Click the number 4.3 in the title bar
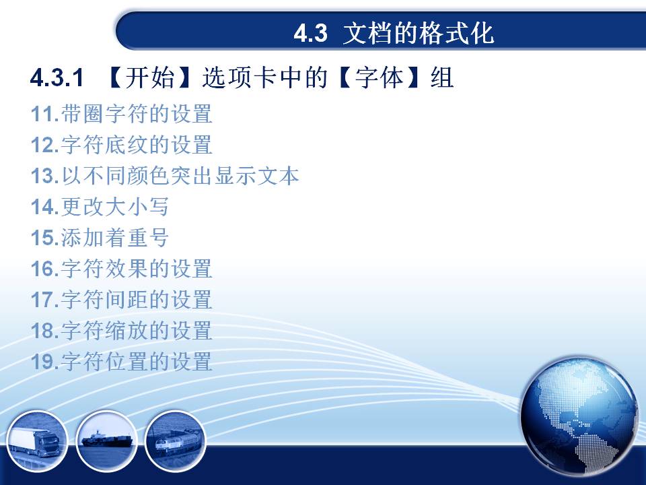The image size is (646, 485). (x=311, y=33)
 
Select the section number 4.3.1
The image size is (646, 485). (x=57, y=77)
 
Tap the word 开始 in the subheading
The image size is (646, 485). (x=150, y=77)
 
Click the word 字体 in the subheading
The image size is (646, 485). (x=379, y=77)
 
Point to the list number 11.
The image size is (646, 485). (x=44, y=114)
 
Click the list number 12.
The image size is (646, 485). (x=44, y=145)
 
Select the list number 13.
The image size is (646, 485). (x=44, y=176)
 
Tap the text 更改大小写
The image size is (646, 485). (x=115, y=207)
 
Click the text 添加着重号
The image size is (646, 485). (x=115, y=238)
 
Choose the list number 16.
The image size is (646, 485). (x=44, y=269)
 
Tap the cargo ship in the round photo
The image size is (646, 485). (x=107, y=440)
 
